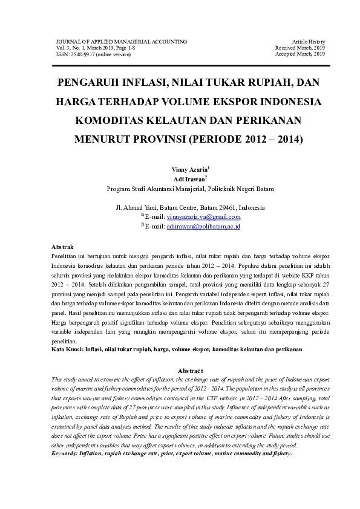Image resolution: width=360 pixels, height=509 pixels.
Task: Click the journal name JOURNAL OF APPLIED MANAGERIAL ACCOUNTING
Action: [x=121, y=41]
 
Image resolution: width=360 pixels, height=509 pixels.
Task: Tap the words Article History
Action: [x=309, y=41]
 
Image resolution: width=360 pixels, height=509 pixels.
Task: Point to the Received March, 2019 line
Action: [x=300, y=48]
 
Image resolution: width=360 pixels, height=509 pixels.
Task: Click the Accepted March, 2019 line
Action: [x=301, y=54]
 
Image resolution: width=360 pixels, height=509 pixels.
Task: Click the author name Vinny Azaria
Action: [x=189, y=169]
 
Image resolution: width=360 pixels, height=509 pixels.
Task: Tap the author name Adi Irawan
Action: [x=189, y=179]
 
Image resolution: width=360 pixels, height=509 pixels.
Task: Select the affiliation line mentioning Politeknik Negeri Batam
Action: [x=190, y=189]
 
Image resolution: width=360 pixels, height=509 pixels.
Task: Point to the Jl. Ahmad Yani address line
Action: [x=189, y=207]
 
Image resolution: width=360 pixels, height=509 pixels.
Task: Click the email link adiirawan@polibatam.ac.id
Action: [x=203, y=226]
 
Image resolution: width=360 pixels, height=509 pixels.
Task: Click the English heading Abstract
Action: [x=191, y=370]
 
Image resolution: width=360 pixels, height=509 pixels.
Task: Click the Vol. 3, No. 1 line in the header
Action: [x=97, y=48]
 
